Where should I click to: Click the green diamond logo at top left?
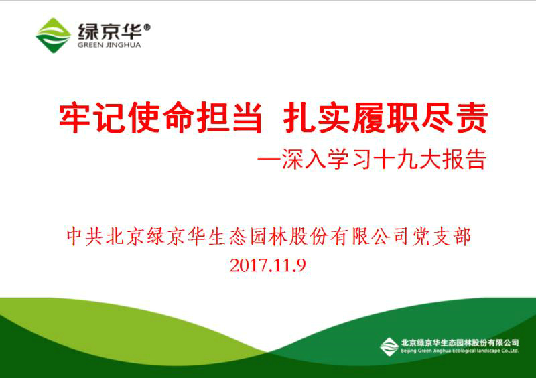click(x=53, y=36)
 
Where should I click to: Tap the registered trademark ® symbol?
click(x=147, y=27)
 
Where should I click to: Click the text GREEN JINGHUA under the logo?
click(x=109, y=45)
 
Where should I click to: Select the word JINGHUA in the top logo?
click(x=123, y=45)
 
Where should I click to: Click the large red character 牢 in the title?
click(x=75, y=118)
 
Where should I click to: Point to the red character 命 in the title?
click(x=178, y=118)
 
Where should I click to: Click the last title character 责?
click(x=472, y=118)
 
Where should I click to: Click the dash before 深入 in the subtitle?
click(x=269, y=159)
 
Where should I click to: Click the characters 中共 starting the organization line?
click(x=84, y=237)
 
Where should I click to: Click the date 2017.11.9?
click(x=267, y=265)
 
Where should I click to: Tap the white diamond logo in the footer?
click(x=389, y=347)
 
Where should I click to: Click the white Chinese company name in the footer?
click(x=460, y=342)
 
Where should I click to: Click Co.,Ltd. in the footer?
click(x=509, y=351)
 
